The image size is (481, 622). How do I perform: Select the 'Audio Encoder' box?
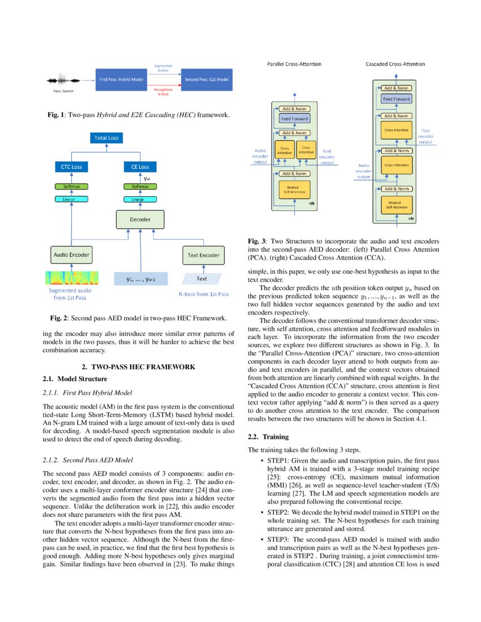pyautogui.click(x=71, y=255)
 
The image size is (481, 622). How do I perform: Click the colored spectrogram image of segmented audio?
pyautogui.click(x=71, y=278)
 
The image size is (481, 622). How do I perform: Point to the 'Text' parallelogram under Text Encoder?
pyautogui.click(x=202, y=278)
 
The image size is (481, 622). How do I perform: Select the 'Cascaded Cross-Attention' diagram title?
pyautogui.click(x=395, y=64)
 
